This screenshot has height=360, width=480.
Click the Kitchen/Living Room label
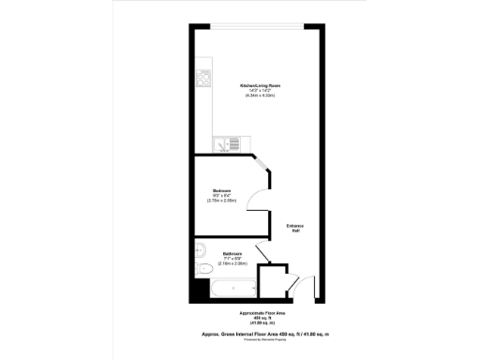coord(262,84)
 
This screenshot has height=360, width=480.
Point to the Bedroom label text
coord(222,189)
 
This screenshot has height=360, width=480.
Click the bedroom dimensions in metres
coord(222,201)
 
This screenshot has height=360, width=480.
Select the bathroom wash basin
coord(199,249)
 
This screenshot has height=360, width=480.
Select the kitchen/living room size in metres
coord(262,96)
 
